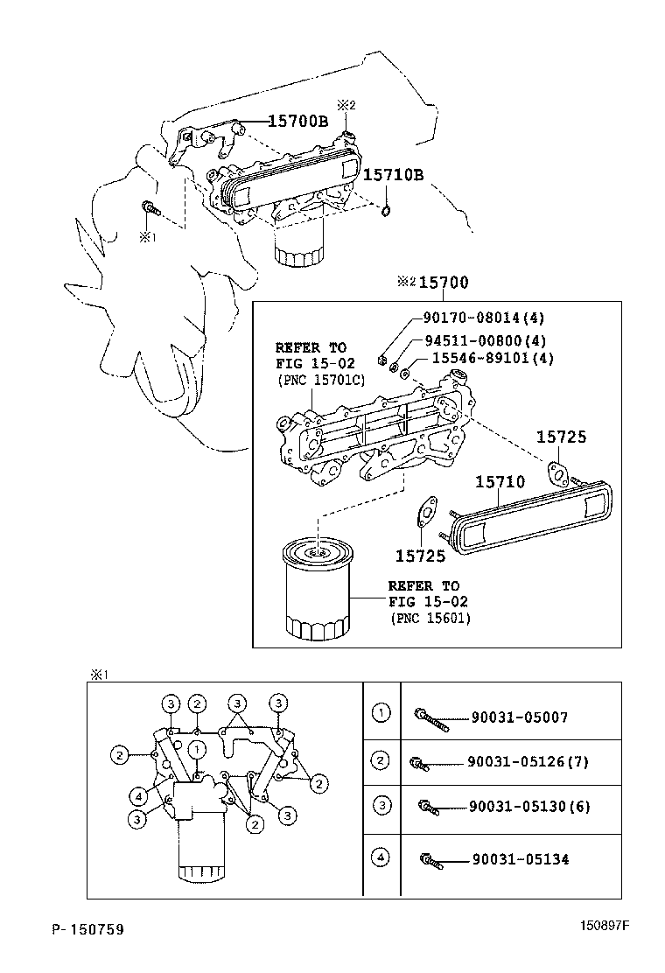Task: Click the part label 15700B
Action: pyautogui.click(x=285, y=122)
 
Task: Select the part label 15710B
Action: pyautogui.click(x=394, y=175)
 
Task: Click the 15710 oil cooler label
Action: pyautogui.click(x=500, y=481)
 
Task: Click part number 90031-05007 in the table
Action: pyautogui.click(x=518, y=717)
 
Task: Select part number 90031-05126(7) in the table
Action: pyautogui.click(x=528, y=761)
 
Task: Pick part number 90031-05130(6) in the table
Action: pyautogui.click(x=528, y=806)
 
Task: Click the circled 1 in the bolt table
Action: pyautogui.click(x=381, y=713)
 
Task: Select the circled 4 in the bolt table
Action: pyautogui.click(x=381, y=857)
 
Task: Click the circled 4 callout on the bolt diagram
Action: pyautogui.click(x=138, y=796)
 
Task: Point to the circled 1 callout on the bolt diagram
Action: pyautogui.click(x=199, y=748)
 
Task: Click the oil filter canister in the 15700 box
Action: pyautogui.click(x=316, y=591)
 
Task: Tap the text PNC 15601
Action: pyautogui.click(x=430, y=619)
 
